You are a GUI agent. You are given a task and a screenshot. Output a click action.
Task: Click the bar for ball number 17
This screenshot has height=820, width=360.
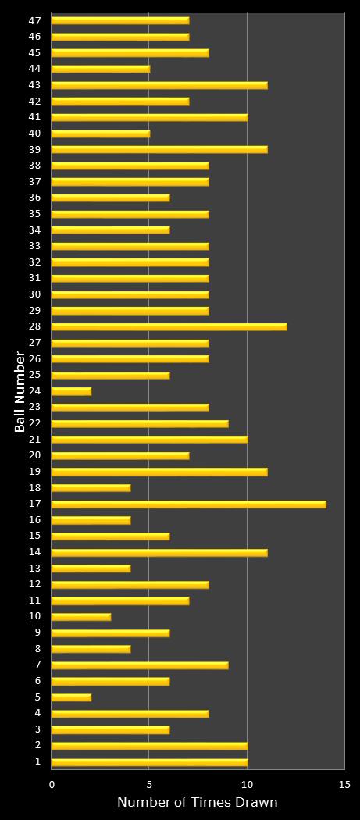click(188, 504)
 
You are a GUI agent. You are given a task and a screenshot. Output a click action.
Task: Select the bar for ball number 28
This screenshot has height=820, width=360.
click(169, 326)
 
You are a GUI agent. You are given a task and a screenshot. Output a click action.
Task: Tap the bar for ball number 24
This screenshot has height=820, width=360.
click(71, 390)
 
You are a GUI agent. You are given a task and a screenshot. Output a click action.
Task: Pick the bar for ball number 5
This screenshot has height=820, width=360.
click(71, 697)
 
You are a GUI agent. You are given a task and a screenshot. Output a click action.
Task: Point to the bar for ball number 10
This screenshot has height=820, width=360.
click(81, 616)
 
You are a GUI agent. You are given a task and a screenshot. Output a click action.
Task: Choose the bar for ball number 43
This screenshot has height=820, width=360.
click(159, 84)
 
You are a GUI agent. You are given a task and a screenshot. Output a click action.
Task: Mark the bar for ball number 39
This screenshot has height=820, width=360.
click(159, 149)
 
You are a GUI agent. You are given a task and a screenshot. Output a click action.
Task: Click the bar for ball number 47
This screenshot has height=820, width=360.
click(120, 20)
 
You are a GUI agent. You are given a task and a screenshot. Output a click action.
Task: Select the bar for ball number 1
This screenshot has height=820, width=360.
click(149, 761)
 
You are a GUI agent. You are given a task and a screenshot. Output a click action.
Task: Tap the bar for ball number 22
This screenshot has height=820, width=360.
click(140, 423)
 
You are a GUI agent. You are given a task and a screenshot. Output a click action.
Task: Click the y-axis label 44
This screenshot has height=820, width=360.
click(34, 69)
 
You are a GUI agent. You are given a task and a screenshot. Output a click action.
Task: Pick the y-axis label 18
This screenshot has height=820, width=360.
click(34, 487)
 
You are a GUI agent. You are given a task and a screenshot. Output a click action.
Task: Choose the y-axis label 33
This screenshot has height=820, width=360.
click(34, 246)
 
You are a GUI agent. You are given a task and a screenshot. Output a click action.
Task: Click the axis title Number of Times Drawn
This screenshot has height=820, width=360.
click(197, 802)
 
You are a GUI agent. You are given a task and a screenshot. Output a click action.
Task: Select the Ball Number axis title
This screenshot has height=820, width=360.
click(20, 390)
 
